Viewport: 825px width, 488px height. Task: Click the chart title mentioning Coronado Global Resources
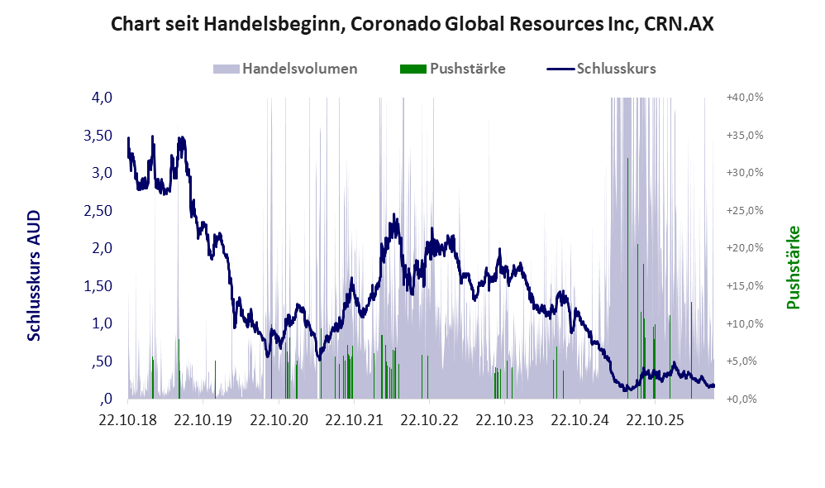412,24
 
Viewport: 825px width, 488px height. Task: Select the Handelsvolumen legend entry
285,69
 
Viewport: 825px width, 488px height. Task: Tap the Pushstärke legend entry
452,69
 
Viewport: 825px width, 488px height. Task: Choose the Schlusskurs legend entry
601,69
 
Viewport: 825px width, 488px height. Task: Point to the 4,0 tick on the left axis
102,98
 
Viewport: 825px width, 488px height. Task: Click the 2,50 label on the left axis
98,211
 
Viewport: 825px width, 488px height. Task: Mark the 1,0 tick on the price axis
102,323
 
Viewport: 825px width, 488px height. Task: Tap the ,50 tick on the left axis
102,361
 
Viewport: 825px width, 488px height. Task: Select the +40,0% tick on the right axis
745,98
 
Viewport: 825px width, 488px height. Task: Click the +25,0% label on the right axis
745,211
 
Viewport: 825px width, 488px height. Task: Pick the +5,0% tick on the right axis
742,361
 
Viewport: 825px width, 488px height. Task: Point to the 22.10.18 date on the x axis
128,420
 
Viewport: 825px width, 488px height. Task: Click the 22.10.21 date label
354,420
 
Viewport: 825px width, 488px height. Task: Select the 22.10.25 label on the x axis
655,420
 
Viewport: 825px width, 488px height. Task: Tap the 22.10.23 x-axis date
504,420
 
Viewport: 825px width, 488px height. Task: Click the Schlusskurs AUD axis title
34,275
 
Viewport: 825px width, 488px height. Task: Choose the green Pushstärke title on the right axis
793,267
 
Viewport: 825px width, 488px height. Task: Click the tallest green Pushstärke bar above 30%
627,278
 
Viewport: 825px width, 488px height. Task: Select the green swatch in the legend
413,69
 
